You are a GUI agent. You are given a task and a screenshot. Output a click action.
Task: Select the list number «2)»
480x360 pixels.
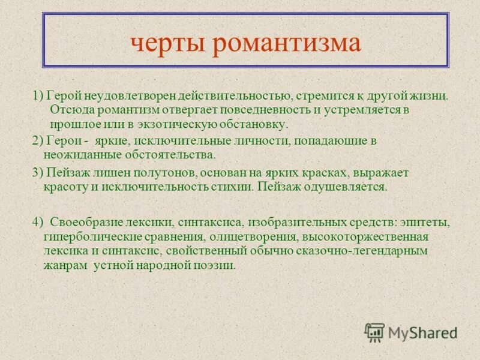[37, 140]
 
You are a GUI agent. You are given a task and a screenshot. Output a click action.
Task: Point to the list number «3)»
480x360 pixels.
[37, 173]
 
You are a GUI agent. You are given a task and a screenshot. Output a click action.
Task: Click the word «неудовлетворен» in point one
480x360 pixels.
[123, 96]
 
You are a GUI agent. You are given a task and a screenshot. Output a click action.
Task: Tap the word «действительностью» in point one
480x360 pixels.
[224, 96]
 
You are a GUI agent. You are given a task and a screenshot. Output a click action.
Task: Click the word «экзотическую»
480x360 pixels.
[174, 125]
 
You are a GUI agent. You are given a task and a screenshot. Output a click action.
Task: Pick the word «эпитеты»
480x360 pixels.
[428, 222]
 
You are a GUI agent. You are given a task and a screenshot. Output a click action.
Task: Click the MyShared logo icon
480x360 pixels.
[375, 332]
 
